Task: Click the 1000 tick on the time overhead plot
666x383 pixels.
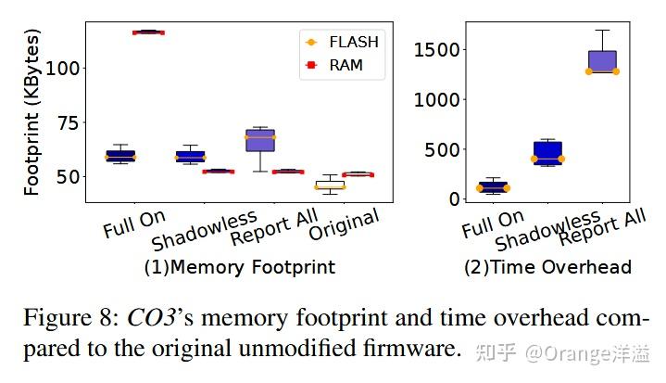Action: tap(434, 99)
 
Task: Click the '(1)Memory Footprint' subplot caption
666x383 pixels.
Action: tap(239, 268)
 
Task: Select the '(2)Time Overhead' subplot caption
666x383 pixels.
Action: tap(547, 268)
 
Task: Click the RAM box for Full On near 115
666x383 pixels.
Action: tap(148, 32)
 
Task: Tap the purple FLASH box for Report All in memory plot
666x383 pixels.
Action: tap(260, 140)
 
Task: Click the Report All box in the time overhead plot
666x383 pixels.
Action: tap(602, 61)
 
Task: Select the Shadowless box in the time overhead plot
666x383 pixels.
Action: tap(547, 153)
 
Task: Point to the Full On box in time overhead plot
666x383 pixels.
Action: tap(493, 186)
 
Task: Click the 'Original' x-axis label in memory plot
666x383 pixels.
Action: tap(345, 225)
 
